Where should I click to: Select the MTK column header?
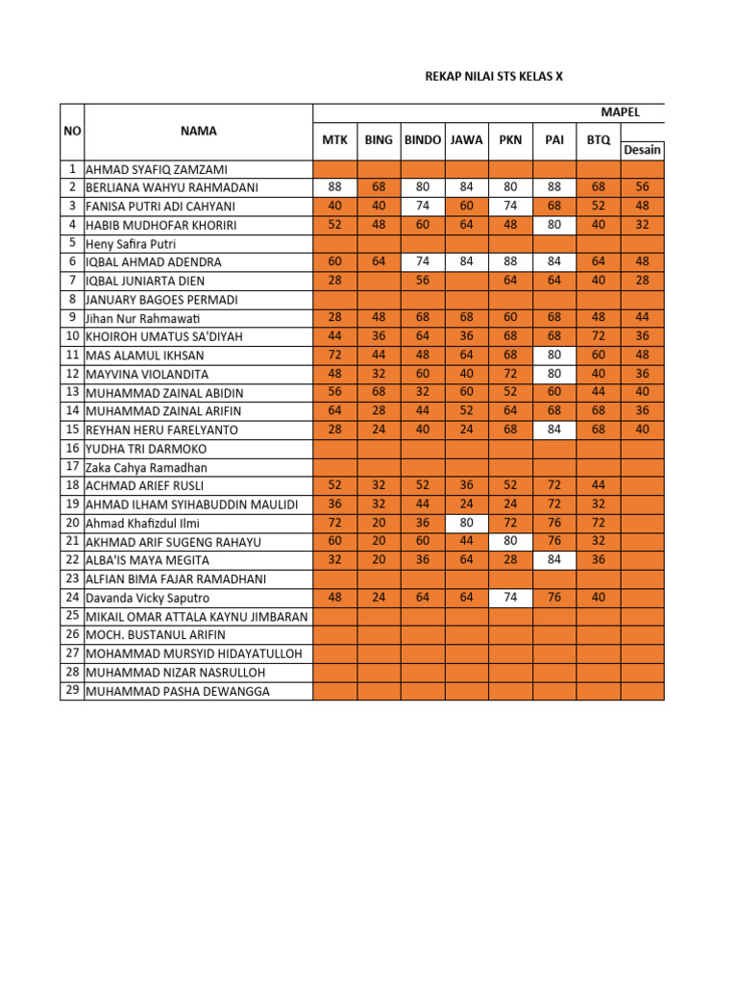click(x=334, y=139)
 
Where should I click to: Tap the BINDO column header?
click(x=423, y=139)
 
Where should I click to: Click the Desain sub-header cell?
click(x=642, y=150)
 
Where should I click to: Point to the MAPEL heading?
click(x=620, y=112)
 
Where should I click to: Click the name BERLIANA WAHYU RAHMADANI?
click(x=172, y=187)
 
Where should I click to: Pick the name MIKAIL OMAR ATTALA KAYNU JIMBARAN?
click(x=197, y=616)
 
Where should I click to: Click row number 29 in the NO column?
click(x=72, y=691)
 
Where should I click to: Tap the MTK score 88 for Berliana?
click(x=334, y=187)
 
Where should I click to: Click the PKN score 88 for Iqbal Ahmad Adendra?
click(x=510, y=261)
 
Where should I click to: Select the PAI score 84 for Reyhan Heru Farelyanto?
click(x=554, y=430)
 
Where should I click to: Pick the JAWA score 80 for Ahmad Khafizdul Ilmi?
click(x=467, y=523)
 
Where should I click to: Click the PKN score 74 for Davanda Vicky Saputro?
click(x=510, y=598)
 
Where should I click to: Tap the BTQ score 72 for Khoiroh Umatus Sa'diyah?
click(x=598, y=336)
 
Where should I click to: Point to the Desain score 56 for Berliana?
click(x=642, y=187)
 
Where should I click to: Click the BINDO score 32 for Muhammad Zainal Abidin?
click(x=423, y=392)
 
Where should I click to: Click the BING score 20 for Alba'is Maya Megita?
click(x=379, y=560)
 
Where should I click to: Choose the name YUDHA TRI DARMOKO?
click(x=146, y=449)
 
